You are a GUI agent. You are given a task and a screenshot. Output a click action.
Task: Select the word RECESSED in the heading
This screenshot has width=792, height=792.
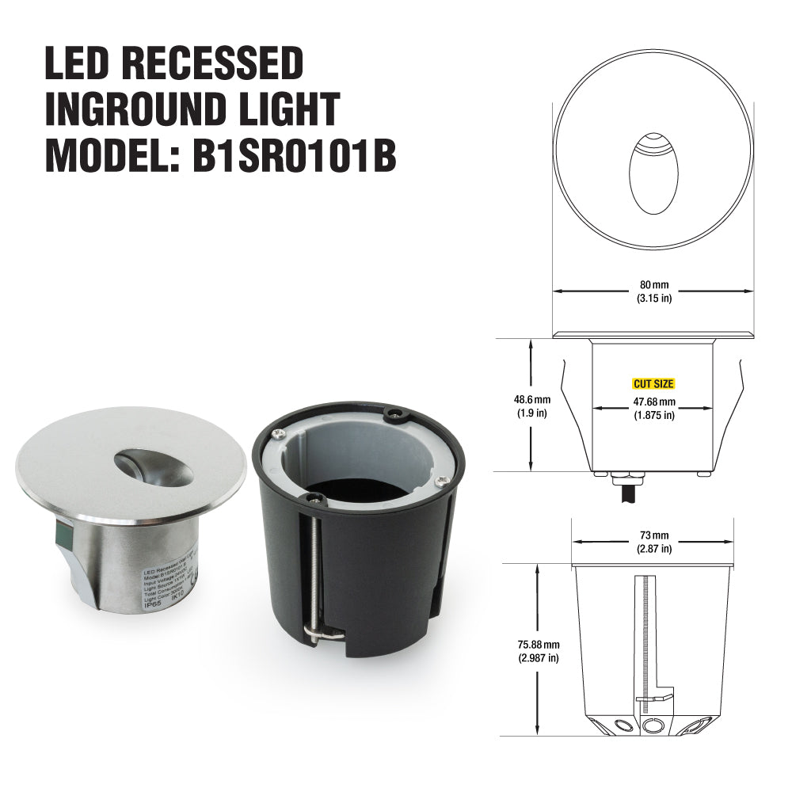(x=214, y=63)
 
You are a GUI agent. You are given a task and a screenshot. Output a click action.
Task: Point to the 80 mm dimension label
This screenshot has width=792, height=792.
(x=654, y=284)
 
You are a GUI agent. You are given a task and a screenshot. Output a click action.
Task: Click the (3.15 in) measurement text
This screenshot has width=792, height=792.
(x=654, y=299)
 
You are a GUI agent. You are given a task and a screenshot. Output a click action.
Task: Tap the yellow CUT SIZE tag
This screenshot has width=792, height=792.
(x=653, y=384)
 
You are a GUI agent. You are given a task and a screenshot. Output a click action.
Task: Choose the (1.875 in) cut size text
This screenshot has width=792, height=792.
(x=653, y=416)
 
